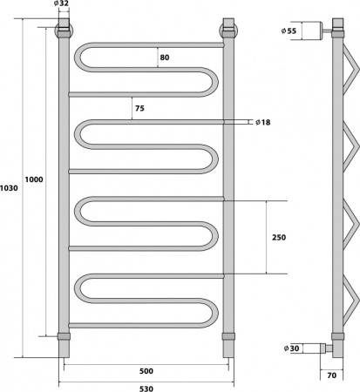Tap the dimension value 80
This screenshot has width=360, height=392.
pyautogui.click(x=166, y=57)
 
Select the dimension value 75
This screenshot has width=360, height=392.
pyautogui.click(x=139, y=109)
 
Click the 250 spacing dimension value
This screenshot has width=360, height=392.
pyautogui.click(x=279, y=237)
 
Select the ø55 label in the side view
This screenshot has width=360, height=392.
pyautogui.click(x=289, y=31)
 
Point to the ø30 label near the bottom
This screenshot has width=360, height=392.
pyautogui.click(x=294, y=349)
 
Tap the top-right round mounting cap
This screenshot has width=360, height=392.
pyautogui.click(x=228, y=31)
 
